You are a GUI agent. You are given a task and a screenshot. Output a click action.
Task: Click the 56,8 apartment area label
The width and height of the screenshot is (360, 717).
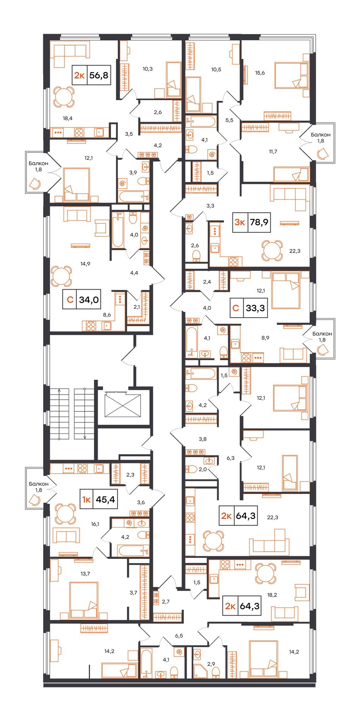[99, 75]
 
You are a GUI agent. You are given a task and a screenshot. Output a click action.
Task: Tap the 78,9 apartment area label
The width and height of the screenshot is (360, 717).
[259, 222]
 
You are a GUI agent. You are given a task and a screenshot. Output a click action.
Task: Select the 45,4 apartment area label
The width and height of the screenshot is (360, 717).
[105, 499]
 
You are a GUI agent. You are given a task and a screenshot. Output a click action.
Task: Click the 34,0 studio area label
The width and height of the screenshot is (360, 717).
[89, 300]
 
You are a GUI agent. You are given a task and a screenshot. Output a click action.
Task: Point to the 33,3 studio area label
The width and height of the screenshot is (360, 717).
[255, 308]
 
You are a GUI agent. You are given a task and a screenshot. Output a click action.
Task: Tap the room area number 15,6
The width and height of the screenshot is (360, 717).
[260, 73]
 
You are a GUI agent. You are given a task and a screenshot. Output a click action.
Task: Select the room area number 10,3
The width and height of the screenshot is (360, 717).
[148, 69]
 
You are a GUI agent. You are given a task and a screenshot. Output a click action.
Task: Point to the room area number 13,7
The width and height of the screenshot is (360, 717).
[85, 574]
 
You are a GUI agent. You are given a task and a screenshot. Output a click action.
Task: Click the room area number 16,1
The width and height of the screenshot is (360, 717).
[95, 524]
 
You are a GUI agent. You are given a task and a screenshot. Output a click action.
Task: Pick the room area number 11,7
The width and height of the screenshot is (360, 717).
[273, 151]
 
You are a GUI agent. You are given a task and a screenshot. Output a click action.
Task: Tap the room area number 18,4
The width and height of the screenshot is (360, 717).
[67, 118]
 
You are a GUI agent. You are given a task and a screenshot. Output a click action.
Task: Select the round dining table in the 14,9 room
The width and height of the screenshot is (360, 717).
[61, 276]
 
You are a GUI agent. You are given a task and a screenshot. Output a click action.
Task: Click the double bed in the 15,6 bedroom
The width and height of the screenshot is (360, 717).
[291, 75]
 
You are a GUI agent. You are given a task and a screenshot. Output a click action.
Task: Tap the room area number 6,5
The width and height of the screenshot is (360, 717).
[179, 635]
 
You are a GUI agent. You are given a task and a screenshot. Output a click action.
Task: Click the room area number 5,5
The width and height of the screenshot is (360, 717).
[229, 120]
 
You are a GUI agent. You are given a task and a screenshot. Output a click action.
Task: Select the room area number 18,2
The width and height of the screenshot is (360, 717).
[272, 595]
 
